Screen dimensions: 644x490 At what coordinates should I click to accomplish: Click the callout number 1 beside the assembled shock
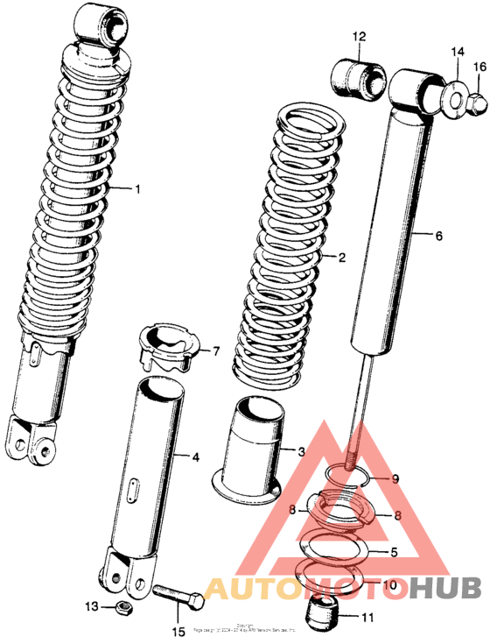click(136, 188)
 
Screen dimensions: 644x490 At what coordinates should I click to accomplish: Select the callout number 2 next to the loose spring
click(341, 258)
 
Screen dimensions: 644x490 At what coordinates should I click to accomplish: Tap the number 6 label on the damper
click(439, 236)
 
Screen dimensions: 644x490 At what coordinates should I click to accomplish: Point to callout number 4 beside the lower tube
click(195, 456)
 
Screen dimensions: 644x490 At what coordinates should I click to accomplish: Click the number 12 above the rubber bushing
click(360, 37)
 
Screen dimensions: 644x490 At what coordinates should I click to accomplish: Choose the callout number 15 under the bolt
click(178, 631)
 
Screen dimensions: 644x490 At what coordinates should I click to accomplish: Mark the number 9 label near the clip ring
click(395, 479)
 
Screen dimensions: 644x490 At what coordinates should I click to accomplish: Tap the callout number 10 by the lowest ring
click(390, 584)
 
